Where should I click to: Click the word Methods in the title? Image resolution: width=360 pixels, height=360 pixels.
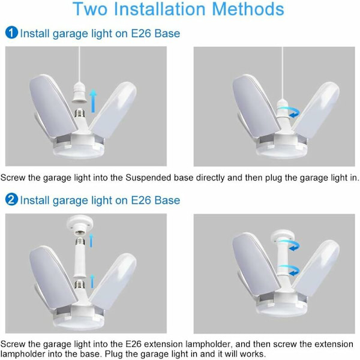click(x=248, y=9)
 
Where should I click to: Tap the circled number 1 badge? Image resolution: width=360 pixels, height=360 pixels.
click(x=11, y=32)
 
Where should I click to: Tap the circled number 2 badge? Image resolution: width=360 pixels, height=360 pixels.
click(x=11, y=199)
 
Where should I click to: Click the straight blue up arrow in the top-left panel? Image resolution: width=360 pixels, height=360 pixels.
click(x=93, y=101)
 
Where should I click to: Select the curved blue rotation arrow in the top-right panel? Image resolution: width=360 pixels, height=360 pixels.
click(x=293, y=112)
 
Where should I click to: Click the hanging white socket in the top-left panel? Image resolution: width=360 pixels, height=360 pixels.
click(x=79, y=94)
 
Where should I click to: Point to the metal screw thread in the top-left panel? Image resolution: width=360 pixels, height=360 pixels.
click(x=79, y=113)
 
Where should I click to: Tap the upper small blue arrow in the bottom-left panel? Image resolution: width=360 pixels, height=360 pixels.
click(x=91, y=240)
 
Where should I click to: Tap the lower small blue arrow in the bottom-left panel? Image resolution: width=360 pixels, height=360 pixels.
click(x=92, y=281)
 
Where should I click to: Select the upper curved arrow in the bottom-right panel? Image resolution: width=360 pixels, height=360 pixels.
click(x=290, y=244)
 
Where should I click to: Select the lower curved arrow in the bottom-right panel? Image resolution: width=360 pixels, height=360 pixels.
click(x=290, y=269)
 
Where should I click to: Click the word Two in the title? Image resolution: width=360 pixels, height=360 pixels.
click(x=90, y=9)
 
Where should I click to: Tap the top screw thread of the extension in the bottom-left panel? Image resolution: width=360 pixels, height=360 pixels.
click(x=80, y=242)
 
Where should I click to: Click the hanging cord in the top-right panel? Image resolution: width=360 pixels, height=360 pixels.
click(x=282, y=73)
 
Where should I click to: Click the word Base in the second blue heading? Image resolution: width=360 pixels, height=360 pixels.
click(x=167, y=200)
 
